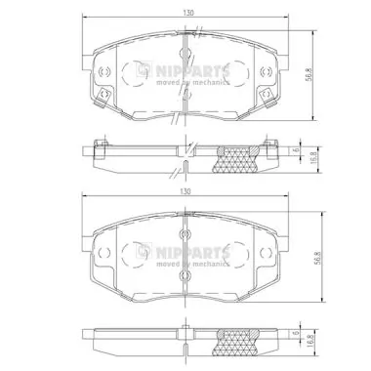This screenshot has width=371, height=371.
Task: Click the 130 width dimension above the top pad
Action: [x=185, y=12]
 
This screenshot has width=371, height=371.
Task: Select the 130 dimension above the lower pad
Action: [x=185, y=193]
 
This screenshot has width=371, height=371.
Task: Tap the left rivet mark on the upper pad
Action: [x=103, y=74]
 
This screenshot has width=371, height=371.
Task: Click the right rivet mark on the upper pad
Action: [x=265, y=74]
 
